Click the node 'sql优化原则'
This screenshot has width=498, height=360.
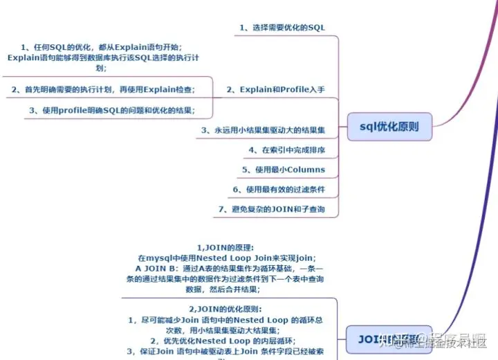389,127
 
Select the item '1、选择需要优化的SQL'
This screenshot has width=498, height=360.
282,28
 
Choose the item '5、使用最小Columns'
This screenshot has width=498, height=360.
284,169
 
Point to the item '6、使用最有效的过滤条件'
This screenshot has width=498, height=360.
279,189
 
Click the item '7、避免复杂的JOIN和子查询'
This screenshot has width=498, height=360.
271,208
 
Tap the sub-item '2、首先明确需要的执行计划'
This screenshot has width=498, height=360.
103,89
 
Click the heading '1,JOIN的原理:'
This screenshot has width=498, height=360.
226,246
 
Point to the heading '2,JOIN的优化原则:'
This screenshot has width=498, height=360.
226,309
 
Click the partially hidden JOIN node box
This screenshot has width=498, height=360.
387,339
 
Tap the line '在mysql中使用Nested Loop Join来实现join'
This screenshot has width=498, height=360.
226,258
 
